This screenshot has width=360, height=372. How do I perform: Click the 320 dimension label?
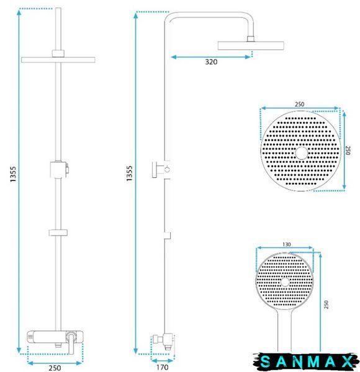(x=211, y=62)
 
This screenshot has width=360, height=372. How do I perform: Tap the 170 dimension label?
(x=163, y=367)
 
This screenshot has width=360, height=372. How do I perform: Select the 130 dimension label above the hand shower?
(x=286, y=244)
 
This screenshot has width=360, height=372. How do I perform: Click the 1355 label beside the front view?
(x=13, y=174)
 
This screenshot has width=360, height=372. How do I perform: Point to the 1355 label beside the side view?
(x=129, y=174)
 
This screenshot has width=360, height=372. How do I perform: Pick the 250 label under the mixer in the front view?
(x=55, y=368)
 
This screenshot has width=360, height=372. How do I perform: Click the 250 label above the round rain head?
(x=299, y=104)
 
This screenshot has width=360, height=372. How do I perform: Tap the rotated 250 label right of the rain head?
(x=348, y=151)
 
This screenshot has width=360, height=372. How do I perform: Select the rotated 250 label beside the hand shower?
(x=326, y=304)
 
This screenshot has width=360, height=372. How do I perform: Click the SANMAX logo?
(x=306, y=361)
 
